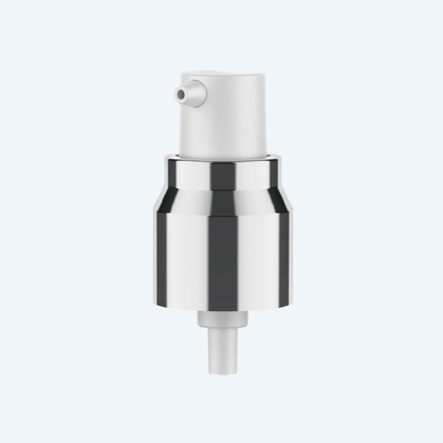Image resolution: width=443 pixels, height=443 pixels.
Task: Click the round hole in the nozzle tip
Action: pos(180,95)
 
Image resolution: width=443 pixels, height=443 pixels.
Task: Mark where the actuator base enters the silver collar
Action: pos(227,154)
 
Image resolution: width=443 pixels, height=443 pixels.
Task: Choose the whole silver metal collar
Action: pos(224,233)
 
